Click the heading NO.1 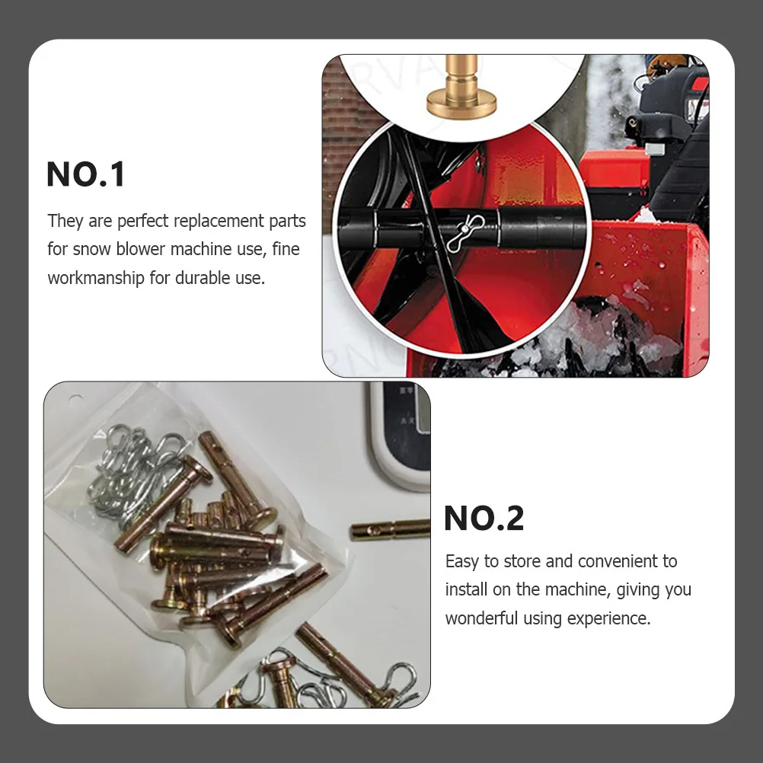pos(85,174)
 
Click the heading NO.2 pos(484,519)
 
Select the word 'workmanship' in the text pos(97,278)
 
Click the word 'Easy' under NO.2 pos(461,562)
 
